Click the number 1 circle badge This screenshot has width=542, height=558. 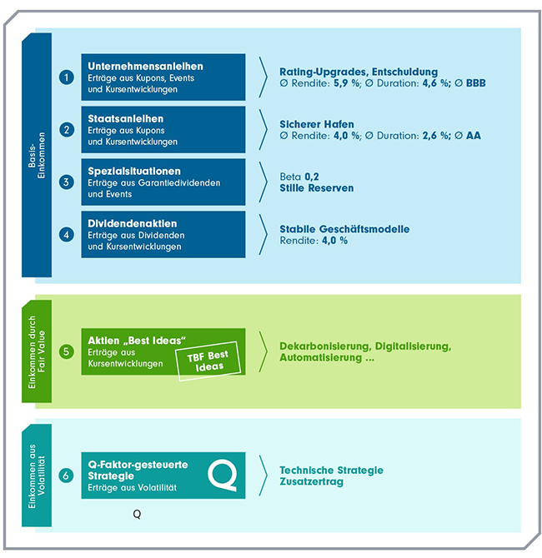[67, 77]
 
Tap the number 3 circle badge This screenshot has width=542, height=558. [67, 182]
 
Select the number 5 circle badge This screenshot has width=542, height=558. [67, 351]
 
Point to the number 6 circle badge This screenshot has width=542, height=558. [67, 476]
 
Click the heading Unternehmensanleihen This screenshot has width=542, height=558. [145, 66]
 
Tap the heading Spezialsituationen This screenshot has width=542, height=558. [134, 171]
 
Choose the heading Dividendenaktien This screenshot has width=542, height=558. [132, 223]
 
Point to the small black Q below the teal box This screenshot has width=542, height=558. [137, 515]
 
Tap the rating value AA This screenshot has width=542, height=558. [474, 136]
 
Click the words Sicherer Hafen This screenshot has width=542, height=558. [316, 124]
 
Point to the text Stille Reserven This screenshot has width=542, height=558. [316, 188]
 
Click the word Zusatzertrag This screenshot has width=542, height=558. [311, 481]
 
